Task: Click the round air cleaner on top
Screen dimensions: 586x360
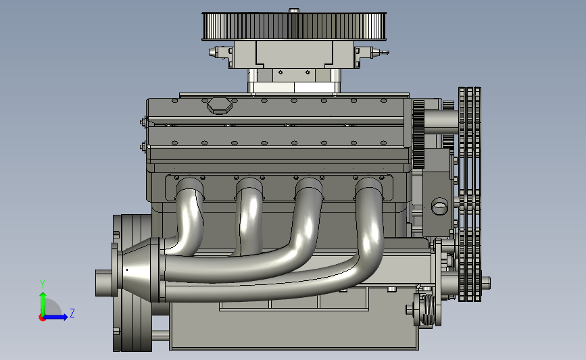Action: [294, 26]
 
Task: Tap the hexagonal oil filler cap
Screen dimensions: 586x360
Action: [220, 105]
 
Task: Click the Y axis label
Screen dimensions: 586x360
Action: [43, 284]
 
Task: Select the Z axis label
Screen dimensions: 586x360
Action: [72, 313]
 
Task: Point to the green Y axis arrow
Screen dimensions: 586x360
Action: [43, 305]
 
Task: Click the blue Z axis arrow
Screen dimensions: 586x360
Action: [55, 317]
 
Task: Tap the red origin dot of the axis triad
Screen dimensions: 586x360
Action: [42, 318]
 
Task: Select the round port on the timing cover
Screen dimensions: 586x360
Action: [439, 206]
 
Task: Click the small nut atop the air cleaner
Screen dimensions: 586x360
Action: [294, 10]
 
